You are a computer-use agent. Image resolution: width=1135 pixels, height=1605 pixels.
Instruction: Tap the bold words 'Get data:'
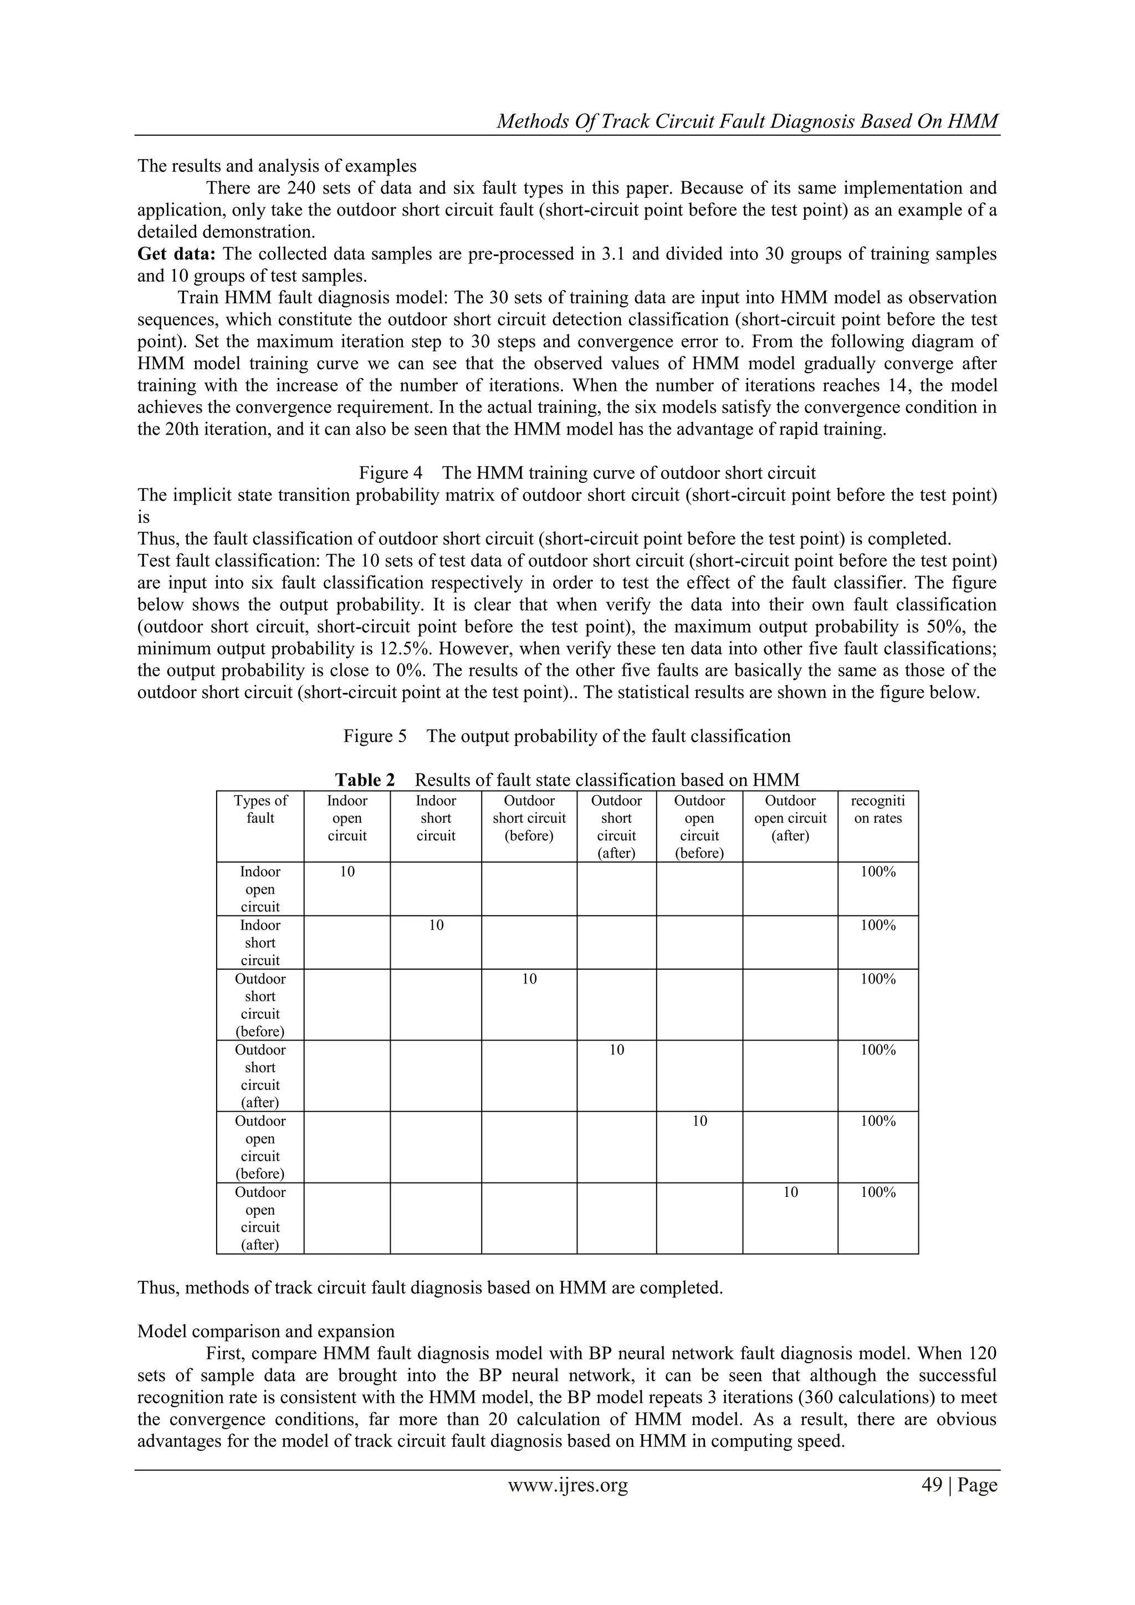[177, 254]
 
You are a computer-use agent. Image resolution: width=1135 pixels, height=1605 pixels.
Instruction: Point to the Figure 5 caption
[567, 736]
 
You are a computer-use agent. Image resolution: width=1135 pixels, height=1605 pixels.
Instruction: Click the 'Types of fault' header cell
[260, 809]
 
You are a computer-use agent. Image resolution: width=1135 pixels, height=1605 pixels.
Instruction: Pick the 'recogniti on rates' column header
[877, 809]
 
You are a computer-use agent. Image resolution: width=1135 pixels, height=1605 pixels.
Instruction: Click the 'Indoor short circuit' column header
[436, 818]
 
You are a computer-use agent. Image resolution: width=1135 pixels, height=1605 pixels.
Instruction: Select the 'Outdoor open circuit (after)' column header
[790, 818]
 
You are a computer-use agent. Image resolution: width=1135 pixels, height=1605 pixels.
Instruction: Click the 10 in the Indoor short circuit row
[436, 925]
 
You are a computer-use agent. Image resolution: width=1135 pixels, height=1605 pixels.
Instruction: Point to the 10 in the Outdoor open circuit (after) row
[790, 1193]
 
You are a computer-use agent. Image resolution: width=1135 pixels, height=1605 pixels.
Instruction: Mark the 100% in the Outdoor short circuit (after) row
[877, 1050]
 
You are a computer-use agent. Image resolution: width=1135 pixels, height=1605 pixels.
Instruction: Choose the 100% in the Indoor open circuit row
[877, 872]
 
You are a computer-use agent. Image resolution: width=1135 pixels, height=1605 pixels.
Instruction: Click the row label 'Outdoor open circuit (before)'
[260, 1147]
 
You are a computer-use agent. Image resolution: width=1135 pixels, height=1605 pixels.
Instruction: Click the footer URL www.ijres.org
[567, 1485]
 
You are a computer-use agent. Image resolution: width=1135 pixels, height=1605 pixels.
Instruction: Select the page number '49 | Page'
[959, 1485]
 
